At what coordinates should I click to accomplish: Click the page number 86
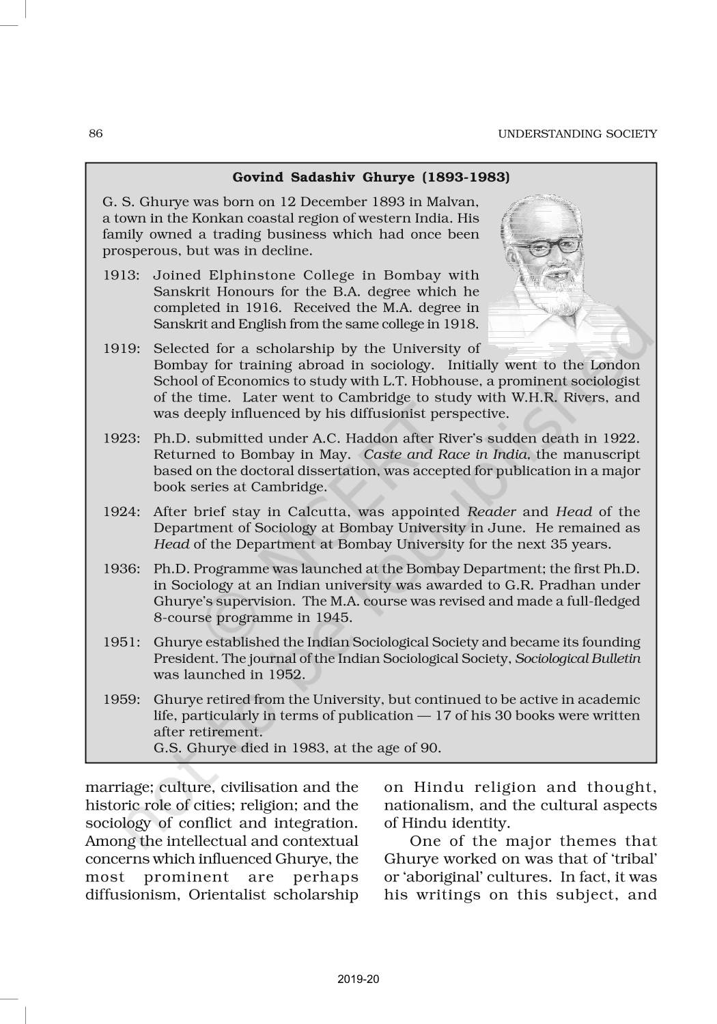pos(96,134)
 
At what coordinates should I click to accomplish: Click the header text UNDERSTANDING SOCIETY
pos(577,134)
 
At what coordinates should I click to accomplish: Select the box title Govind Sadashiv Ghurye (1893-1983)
pos(371,177)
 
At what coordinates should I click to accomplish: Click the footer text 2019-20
pos(358,980)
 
